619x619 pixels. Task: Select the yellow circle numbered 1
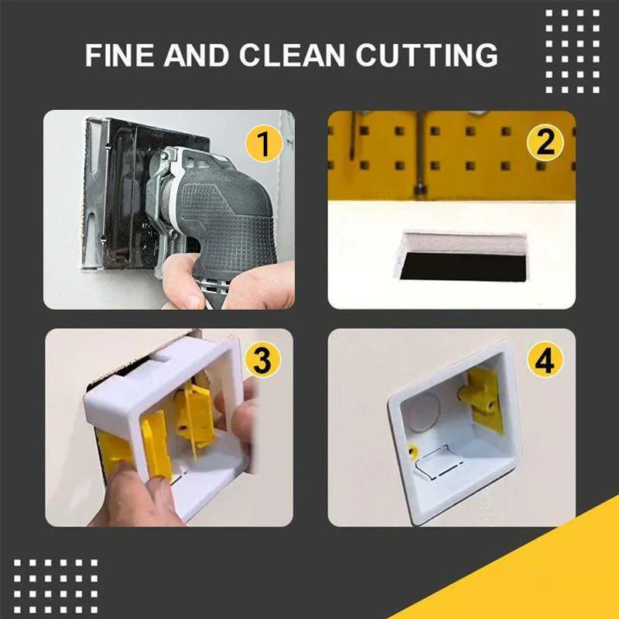(x=264, y=145)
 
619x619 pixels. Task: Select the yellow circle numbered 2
(x=546, y=144)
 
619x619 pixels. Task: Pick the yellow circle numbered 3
(x=262, y=360)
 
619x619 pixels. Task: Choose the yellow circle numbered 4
(x=545, y=360)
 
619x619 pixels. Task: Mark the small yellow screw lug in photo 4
(x=415, y=451)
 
